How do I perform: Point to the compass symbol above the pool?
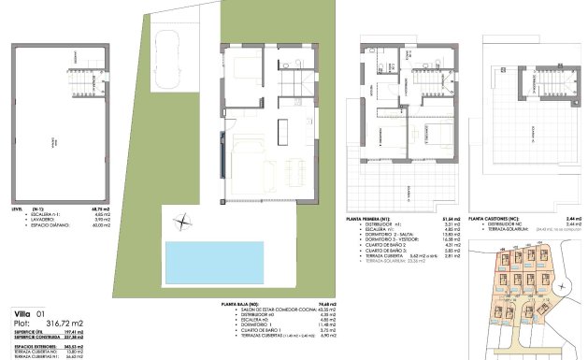180,222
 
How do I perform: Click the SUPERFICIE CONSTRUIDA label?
35,338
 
